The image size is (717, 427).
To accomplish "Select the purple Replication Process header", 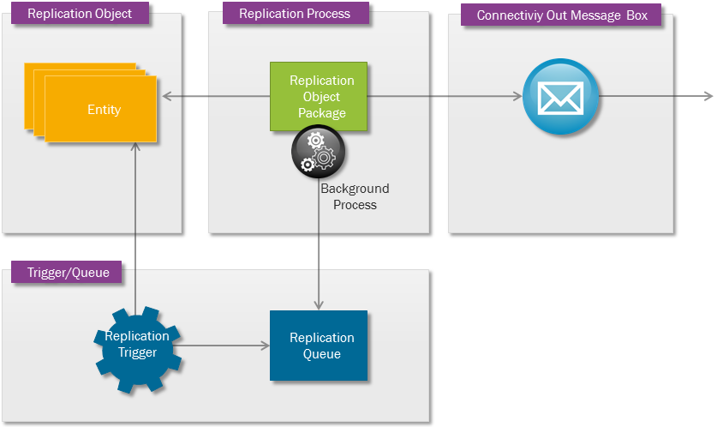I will coord(295,14).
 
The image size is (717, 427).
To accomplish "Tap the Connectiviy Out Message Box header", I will coord(561,15).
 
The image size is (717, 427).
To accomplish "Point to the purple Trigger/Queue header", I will coord(67,273).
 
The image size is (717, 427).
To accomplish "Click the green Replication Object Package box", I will coord(318,96).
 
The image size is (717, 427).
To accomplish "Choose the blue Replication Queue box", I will coord(319,346).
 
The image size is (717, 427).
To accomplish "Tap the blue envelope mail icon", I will coord(560,96).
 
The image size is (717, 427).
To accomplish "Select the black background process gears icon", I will coord(319,152).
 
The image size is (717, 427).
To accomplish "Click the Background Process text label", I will coord(355,196).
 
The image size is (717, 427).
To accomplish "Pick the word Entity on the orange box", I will coord(104,110).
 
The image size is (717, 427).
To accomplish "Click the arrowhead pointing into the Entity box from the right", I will coord(164,96).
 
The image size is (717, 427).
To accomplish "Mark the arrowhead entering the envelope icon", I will coord(517,96).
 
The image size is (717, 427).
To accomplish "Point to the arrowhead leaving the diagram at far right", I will coord(707,96).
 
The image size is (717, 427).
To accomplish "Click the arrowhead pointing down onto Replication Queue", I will coord(319,305).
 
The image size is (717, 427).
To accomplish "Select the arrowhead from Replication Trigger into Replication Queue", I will coord(264,346).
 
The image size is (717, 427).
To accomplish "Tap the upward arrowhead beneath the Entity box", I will coord(134,147).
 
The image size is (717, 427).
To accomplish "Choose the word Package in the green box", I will coord(322,112).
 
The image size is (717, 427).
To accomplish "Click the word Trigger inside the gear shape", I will coord(137,352).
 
